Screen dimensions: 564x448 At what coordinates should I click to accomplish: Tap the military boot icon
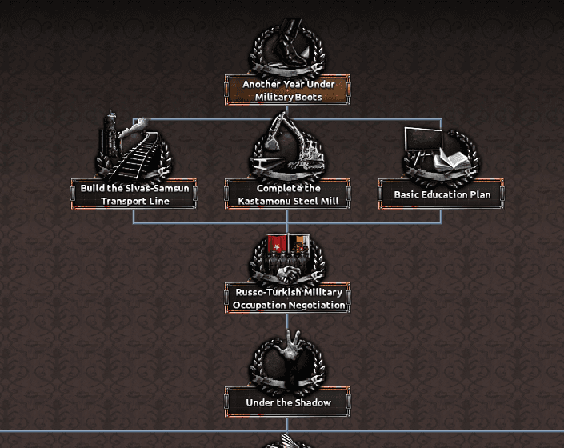coord(290,43)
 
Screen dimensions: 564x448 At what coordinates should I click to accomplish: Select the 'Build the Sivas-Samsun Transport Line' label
coord(134,194)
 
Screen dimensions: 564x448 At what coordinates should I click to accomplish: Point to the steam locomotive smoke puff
coord(135,126)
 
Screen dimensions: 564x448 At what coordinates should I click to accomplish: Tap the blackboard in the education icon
coord(423,139)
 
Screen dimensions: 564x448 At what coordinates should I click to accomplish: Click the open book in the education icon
coord(452,161)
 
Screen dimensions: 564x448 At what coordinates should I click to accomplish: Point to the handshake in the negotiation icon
coord(289,274)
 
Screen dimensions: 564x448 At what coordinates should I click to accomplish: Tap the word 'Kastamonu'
coord(262,201)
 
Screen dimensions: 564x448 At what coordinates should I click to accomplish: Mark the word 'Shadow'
coord(314,402)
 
